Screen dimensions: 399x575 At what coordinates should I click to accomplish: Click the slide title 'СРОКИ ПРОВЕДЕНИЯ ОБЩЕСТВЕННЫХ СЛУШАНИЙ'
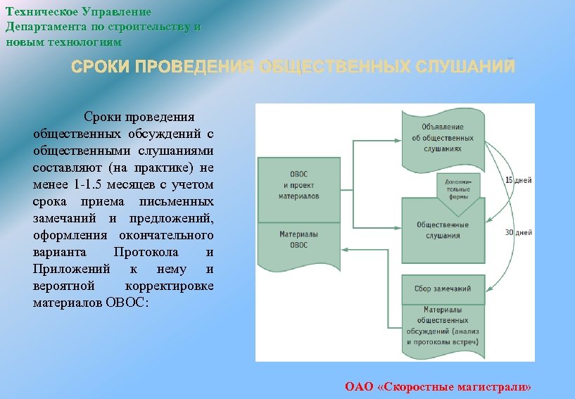tap(293, 68)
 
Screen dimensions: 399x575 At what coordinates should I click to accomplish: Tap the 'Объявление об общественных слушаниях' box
tap(443, 136)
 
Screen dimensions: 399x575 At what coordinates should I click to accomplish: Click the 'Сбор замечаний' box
tap(443, 289)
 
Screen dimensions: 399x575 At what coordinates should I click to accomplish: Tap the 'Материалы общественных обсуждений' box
tap(443, 324)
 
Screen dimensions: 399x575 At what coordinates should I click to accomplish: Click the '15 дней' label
tap(519, 181)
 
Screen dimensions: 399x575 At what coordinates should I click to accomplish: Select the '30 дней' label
tap(519, 232)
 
